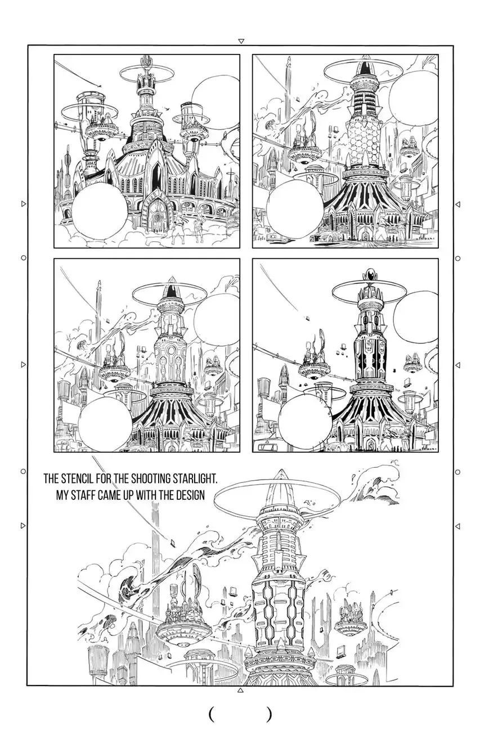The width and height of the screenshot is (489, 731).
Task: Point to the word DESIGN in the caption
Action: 191,495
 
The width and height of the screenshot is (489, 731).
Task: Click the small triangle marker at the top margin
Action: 241,41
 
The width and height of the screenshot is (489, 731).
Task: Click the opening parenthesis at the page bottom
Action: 212,713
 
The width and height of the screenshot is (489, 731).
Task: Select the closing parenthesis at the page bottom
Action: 269,713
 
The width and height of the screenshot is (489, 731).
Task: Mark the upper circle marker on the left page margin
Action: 24,258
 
